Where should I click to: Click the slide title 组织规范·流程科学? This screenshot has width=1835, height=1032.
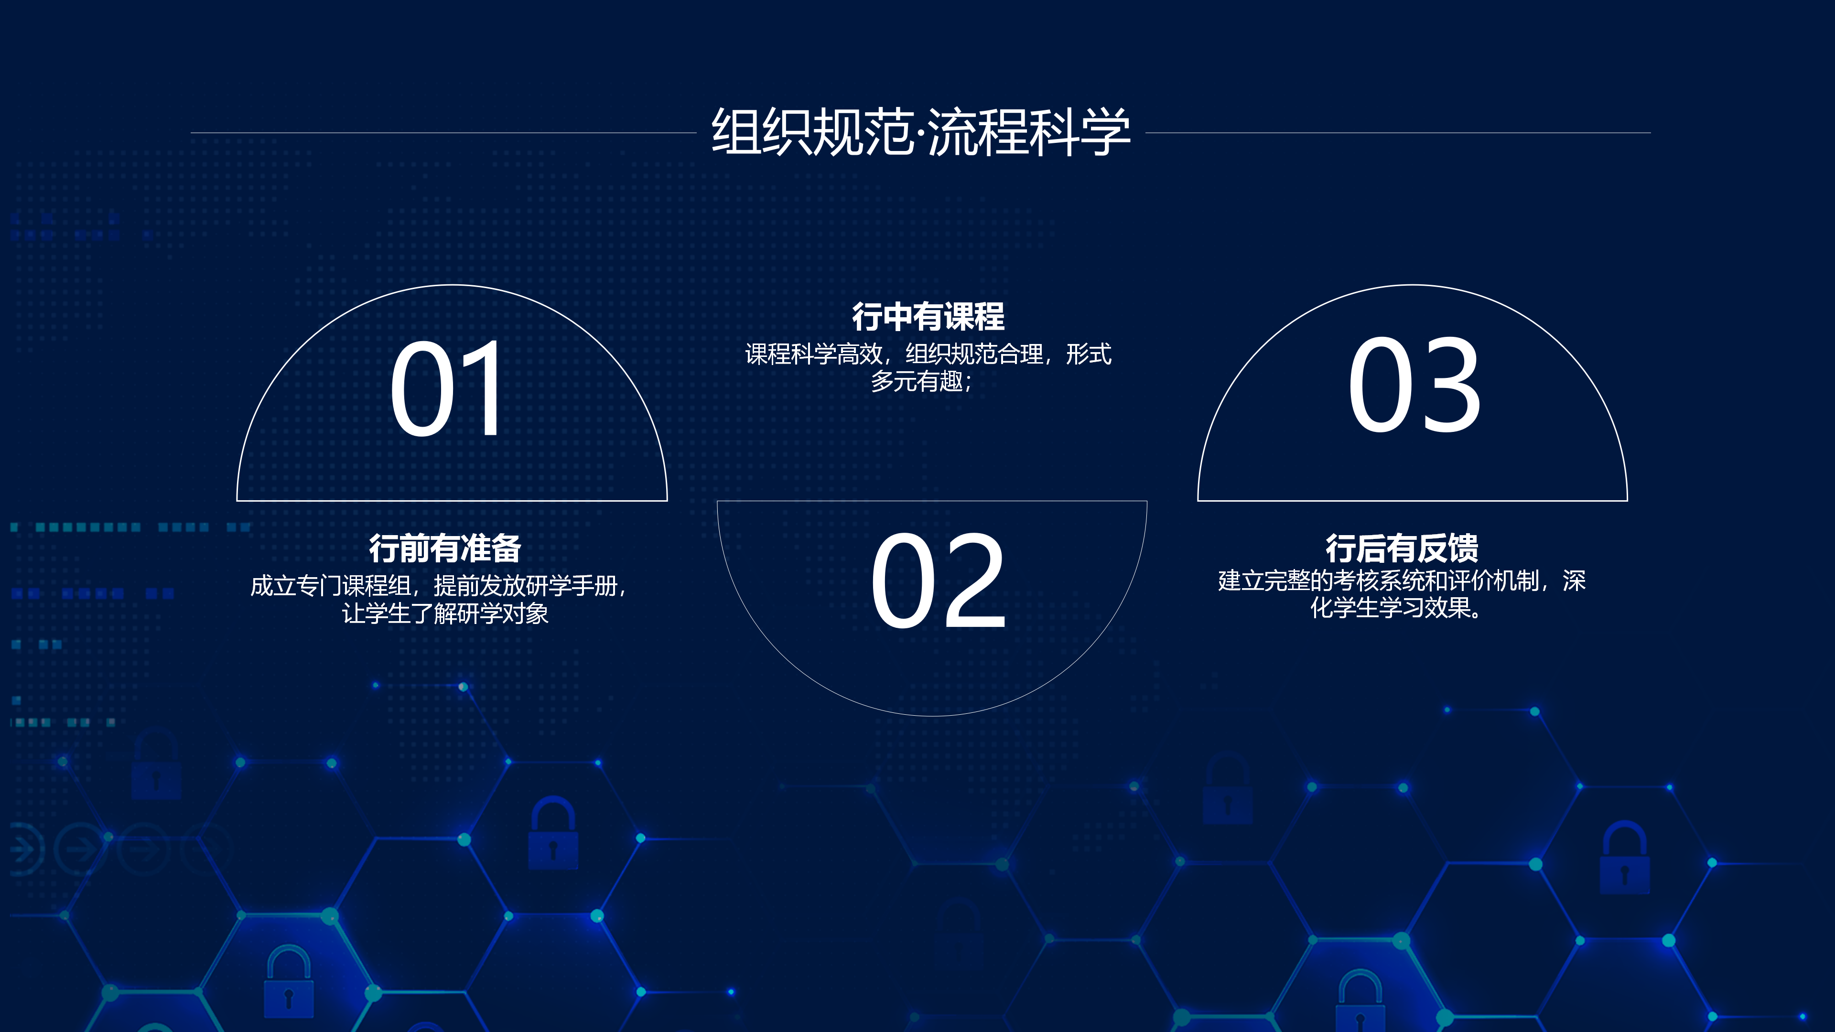tap(920, 132)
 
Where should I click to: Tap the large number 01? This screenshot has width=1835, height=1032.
tap(447, 387)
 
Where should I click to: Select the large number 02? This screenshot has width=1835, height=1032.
tap(938, 581)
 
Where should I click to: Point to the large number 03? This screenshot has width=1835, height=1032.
tap(1414, 385)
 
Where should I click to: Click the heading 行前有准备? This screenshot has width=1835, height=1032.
tap(445, 548)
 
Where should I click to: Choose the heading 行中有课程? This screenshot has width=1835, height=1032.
tap(928, 317)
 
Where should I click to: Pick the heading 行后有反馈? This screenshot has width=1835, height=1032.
tap(1402, 548)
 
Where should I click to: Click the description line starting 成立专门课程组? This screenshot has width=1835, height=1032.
tap(439, 586)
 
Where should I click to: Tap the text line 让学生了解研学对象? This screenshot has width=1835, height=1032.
tap(445, 613)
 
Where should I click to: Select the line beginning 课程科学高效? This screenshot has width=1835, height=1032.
tap(928, 354)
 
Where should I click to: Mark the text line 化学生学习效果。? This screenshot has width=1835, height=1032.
tap(1398, 608)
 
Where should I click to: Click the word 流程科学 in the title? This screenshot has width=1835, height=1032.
tap(1029, 132)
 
